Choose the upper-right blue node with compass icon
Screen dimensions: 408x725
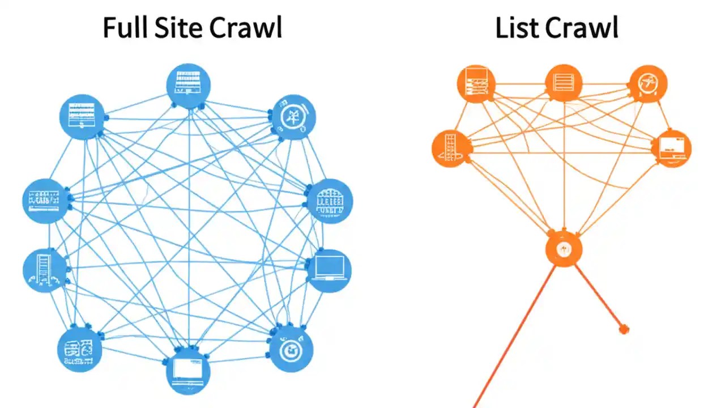pyautogui.click(x=293, y=117)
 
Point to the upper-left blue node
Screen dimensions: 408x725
pyautogui.click(x=82, y=117)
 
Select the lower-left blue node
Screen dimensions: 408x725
pyautogui.click(x=80, y=348)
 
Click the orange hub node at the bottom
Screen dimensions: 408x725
pyautogui.click(x=564, y=249)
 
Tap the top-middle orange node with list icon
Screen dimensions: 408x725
pyautogui.click(x=564, y=83)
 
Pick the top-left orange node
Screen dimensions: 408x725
pyautogui.click(x=476, y=83)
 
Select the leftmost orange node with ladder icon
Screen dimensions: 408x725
pyautogui.click(x=451, y=148)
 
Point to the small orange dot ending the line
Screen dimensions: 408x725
pyautogui.click(x=624, y=329)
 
